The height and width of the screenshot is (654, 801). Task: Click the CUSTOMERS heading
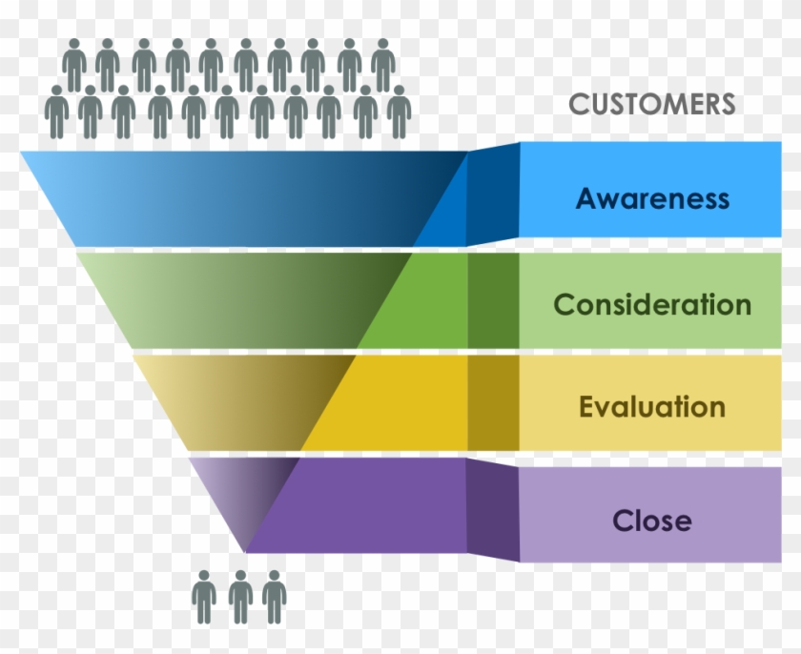coord(652,104)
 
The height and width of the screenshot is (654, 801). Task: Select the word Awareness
coord(652,199)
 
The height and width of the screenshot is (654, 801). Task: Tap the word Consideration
coord(652,305)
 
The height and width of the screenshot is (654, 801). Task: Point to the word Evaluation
coord(652,407)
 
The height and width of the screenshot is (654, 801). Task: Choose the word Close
coord(652,521)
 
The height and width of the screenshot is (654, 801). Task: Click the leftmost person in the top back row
coord(73,65)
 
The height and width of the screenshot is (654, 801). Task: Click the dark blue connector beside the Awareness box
coord(493,194)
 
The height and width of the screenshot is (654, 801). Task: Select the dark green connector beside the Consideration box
coord(493,299)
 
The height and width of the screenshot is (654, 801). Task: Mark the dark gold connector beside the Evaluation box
coord(493,401)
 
